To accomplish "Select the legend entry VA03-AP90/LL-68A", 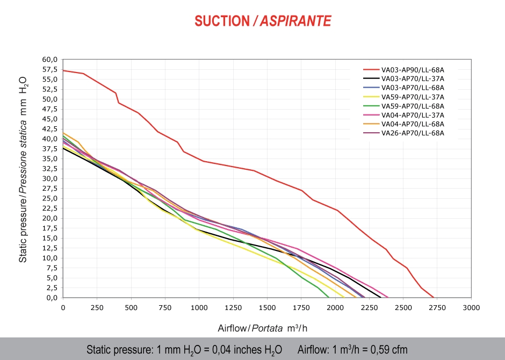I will tap(413, 69).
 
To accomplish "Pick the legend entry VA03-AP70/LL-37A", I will tap(413, 78).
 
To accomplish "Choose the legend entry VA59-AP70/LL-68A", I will tap(413, 106).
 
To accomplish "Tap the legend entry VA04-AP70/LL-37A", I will tap(413, 115).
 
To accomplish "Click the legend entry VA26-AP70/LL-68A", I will tap(413, 133).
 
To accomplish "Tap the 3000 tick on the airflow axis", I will tap(471, 308).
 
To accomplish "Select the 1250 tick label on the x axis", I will tap(233, 308).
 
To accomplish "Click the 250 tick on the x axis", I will tap(97, 308).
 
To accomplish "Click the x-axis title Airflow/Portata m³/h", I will tap(263, 328).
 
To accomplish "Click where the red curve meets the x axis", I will tap(434, 297).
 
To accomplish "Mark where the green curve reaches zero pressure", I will tap(329, 297).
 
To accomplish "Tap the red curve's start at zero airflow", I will tap(63, 70).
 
